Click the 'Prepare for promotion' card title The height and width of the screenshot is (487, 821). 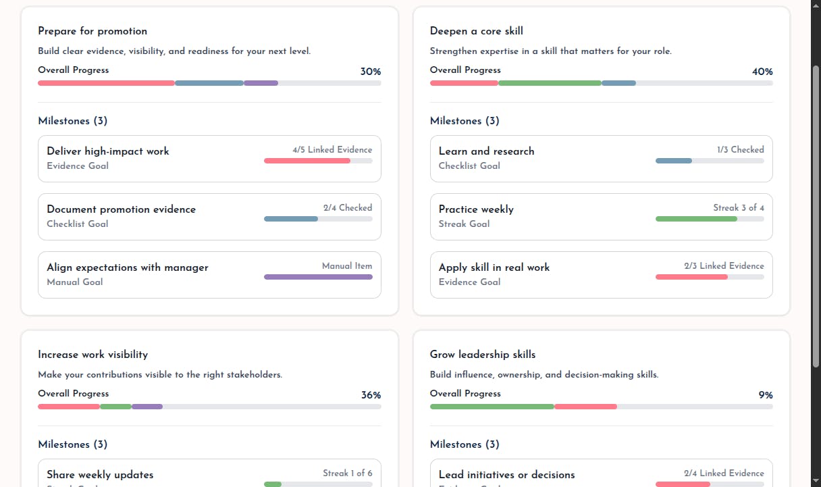92,31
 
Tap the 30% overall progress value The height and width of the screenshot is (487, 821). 371,72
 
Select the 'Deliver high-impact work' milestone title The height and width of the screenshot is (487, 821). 108,151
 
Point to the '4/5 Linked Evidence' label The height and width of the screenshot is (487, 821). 332,150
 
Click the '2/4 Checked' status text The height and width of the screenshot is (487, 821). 348,208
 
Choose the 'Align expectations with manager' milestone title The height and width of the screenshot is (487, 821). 128,267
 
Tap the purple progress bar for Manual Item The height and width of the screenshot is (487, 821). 318,277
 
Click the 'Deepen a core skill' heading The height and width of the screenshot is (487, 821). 476,31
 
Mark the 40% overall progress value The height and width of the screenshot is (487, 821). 762,72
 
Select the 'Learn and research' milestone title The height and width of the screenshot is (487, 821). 486,151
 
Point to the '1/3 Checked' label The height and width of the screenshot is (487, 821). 741,150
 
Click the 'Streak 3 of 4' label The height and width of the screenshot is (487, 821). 739,208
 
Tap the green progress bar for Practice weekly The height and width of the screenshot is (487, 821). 696,219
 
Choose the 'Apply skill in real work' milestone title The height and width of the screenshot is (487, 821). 494,267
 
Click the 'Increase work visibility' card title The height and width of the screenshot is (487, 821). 92,355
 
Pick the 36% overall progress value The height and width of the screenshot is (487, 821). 371,395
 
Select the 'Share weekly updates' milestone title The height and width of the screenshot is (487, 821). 100,475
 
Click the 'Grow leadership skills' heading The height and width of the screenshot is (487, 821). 483,355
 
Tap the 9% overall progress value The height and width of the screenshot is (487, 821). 765,395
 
